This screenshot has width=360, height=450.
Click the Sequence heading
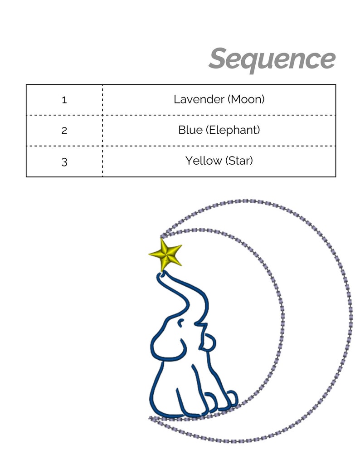272,60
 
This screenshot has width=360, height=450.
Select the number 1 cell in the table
64,100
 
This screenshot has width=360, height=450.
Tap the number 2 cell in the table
64,131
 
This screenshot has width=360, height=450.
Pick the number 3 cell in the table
64,162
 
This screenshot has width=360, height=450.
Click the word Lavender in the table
199,99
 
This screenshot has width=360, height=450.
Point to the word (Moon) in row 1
246,99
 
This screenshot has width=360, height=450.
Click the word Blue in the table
190,130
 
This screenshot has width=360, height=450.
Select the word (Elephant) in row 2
233,130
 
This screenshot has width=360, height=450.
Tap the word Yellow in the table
204,161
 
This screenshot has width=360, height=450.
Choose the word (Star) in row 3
239,161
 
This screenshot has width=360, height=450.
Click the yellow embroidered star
165,254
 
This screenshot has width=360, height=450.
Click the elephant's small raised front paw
209,342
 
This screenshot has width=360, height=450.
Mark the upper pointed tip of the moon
161,236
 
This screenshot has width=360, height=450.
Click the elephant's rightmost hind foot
232,399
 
